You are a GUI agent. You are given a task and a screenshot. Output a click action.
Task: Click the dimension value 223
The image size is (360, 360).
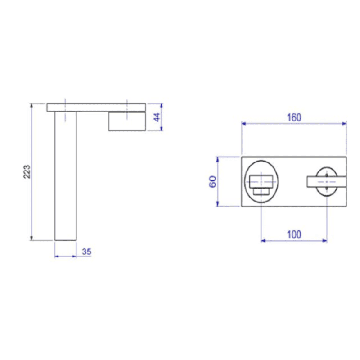point(27,172)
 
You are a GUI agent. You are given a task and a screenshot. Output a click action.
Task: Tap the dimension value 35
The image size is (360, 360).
point(87,252)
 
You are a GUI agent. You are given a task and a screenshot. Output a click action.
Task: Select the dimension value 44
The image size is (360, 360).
point(156,117)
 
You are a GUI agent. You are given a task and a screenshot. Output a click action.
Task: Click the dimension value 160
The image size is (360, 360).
point(294,117)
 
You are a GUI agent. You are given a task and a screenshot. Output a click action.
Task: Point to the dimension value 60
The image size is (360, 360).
point(213,182)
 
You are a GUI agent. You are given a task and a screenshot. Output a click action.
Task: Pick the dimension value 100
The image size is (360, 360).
point(294,234)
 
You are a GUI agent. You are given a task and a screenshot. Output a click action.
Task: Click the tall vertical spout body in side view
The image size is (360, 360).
point(65,180)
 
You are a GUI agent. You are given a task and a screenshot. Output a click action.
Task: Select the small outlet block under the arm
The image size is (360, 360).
point(127,122)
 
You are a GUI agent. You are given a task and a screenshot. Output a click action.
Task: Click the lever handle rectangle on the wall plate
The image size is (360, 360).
point(315,181)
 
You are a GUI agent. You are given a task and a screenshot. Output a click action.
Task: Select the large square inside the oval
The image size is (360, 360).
point(261,181)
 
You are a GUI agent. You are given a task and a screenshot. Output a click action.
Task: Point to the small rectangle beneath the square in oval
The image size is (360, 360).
point(261,191)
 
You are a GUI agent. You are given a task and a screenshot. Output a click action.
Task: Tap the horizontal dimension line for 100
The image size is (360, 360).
point(279,241)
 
